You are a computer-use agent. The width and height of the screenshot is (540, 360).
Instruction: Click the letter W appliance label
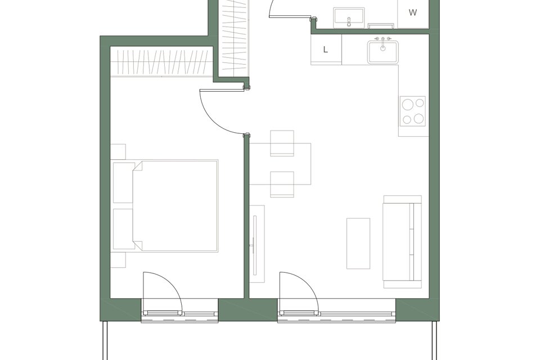click(412, 13)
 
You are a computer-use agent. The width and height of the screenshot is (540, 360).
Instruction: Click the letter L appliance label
click(326, 49)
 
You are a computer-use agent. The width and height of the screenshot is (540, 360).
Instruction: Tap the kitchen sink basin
click(382, 52)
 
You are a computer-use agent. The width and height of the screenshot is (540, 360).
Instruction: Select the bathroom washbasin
click(349, 17)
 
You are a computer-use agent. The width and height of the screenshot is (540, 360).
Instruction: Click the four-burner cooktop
click(412, 111)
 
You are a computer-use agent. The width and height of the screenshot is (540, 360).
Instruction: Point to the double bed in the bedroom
click(165, 205)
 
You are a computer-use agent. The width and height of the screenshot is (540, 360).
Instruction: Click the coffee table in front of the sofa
click(358, 243)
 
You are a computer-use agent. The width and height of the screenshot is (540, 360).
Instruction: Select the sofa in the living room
click(402, 241)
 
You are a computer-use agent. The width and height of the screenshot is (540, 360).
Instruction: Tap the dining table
click(280, 164)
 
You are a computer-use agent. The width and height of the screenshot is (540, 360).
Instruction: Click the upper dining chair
click(282, 143)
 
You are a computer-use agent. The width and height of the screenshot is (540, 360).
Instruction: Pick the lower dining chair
click(282, 184)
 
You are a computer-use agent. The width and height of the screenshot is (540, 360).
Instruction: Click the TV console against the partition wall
click(257, 244)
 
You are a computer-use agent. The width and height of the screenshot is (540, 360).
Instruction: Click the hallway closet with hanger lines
click(235, 37)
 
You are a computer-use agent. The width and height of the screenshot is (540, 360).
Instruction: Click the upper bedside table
click(118, 151)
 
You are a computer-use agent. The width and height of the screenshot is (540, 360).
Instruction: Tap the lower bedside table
click(118, 260)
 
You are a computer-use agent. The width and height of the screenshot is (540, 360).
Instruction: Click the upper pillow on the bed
click(123, 183)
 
